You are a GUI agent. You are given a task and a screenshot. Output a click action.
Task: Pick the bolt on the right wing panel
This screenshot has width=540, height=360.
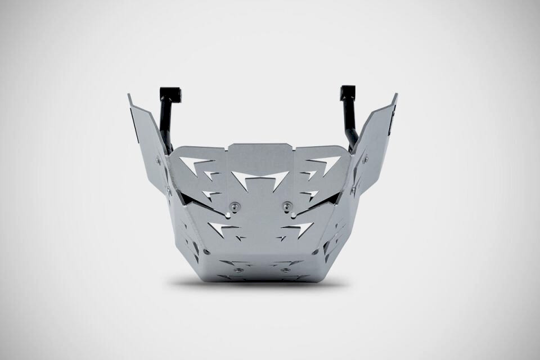pos(366,160)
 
